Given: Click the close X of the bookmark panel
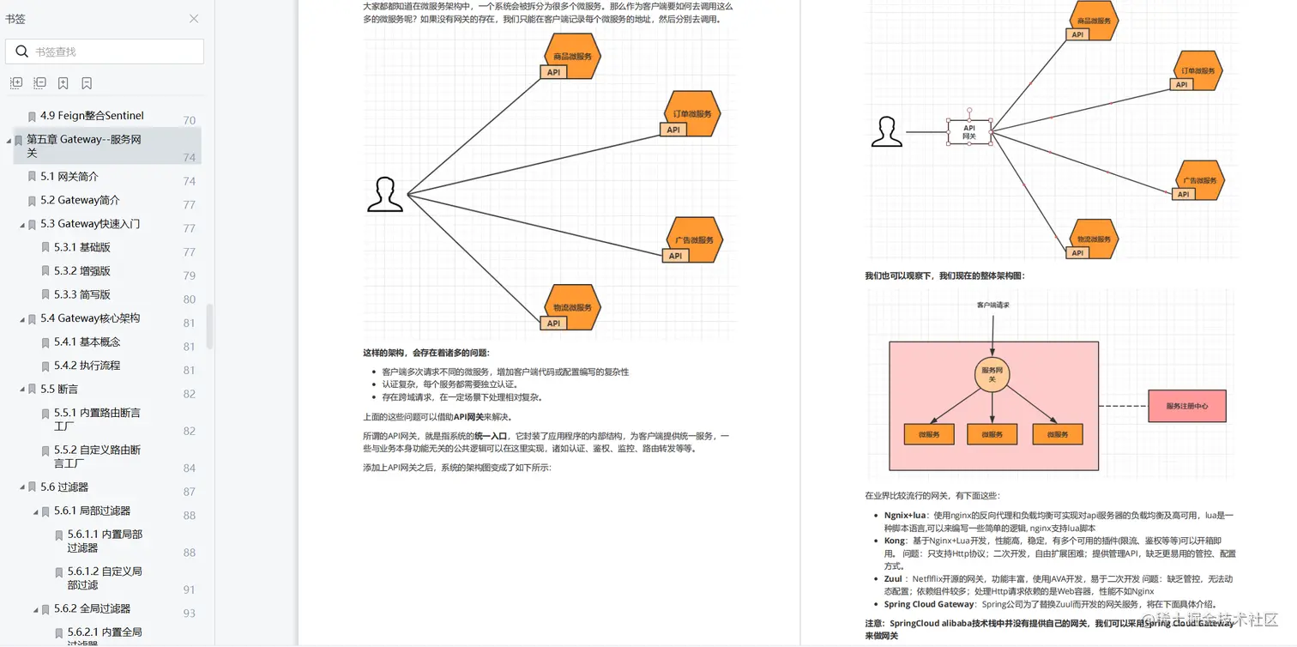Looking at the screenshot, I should click(x=194, y=19).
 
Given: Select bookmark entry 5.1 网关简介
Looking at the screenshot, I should click(x=69, y=177).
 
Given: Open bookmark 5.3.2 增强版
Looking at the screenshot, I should click(x=82, y=271).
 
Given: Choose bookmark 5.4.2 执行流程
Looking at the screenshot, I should click(x=87, y=366).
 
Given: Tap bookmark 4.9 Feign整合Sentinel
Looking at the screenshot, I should click(x=92, y=116).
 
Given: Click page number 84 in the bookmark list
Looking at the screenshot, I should click(x=190, y=468).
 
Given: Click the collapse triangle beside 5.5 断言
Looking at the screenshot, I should click(x=22, y=390).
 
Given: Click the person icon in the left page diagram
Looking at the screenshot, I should click(x=385, y=195).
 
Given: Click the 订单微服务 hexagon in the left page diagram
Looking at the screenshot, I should click(x=692, y=113).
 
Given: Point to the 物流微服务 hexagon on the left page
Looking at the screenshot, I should click(x=572, y=307).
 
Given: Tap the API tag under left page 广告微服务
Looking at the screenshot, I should click(x=675, y=256).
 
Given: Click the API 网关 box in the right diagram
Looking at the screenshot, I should click(x=969, y=132).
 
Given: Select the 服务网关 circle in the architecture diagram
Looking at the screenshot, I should click(x=992, y=374).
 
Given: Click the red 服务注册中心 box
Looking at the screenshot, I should click(x=1187, y=406).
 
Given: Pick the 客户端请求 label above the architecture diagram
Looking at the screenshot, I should click(x=992, y=305).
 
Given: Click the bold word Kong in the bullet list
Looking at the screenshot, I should click(x=894, y=541).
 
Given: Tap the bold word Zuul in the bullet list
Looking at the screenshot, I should click(x=893, y=579).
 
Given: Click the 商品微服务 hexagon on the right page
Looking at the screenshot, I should click(x=1094, y=21).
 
